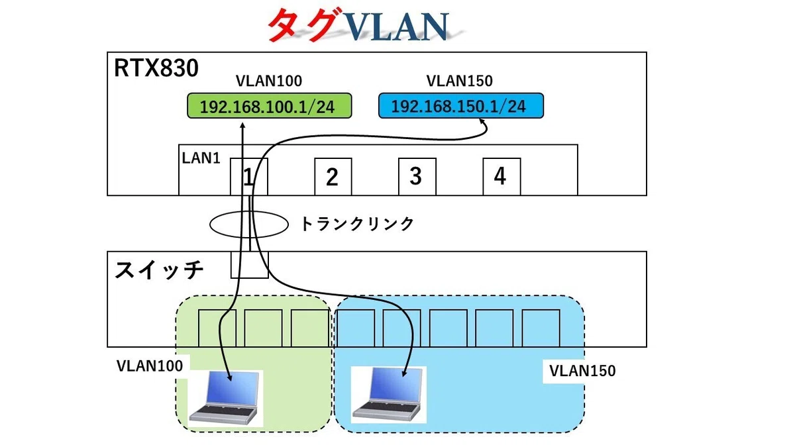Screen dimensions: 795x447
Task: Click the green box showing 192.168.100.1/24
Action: point(270,106)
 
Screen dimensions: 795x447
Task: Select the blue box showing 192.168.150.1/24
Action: point(460,106)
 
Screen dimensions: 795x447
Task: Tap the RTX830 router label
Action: point(156,68)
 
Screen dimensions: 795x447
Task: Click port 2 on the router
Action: point(333,177)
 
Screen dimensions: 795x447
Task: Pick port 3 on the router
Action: point(417,177)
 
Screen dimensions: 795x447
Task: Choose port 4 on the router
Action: point(502,177)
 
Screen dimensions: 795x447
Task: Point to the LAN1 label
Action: point(201,158)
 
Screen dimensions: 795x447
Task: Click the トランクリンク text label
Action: point(357,224)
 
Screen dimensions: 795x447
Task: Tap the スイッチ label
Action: point(159,270)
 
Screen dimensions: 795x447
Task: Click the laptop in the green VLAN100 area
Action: point(225,399)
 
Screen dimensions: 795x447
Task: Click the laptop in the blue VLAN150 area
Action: point(388,395)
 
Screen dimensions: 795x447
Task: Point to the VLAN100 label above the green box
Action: point(269,81)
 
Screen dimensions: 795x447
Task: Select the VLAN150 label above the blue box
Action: point(460,81)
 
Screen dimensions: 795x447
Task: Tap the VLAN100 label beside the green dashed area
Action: point(150,366)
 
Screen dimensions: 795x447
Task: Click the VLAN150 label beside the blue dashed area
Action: point(582,371)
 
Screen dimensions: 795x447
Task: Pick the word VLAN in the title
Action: point(396,26)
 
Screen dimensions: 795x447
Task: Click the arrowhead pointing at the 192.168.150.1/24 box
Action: point(482,121)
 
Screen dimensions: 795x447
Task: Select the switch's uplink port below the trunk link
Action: point(250,265)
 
